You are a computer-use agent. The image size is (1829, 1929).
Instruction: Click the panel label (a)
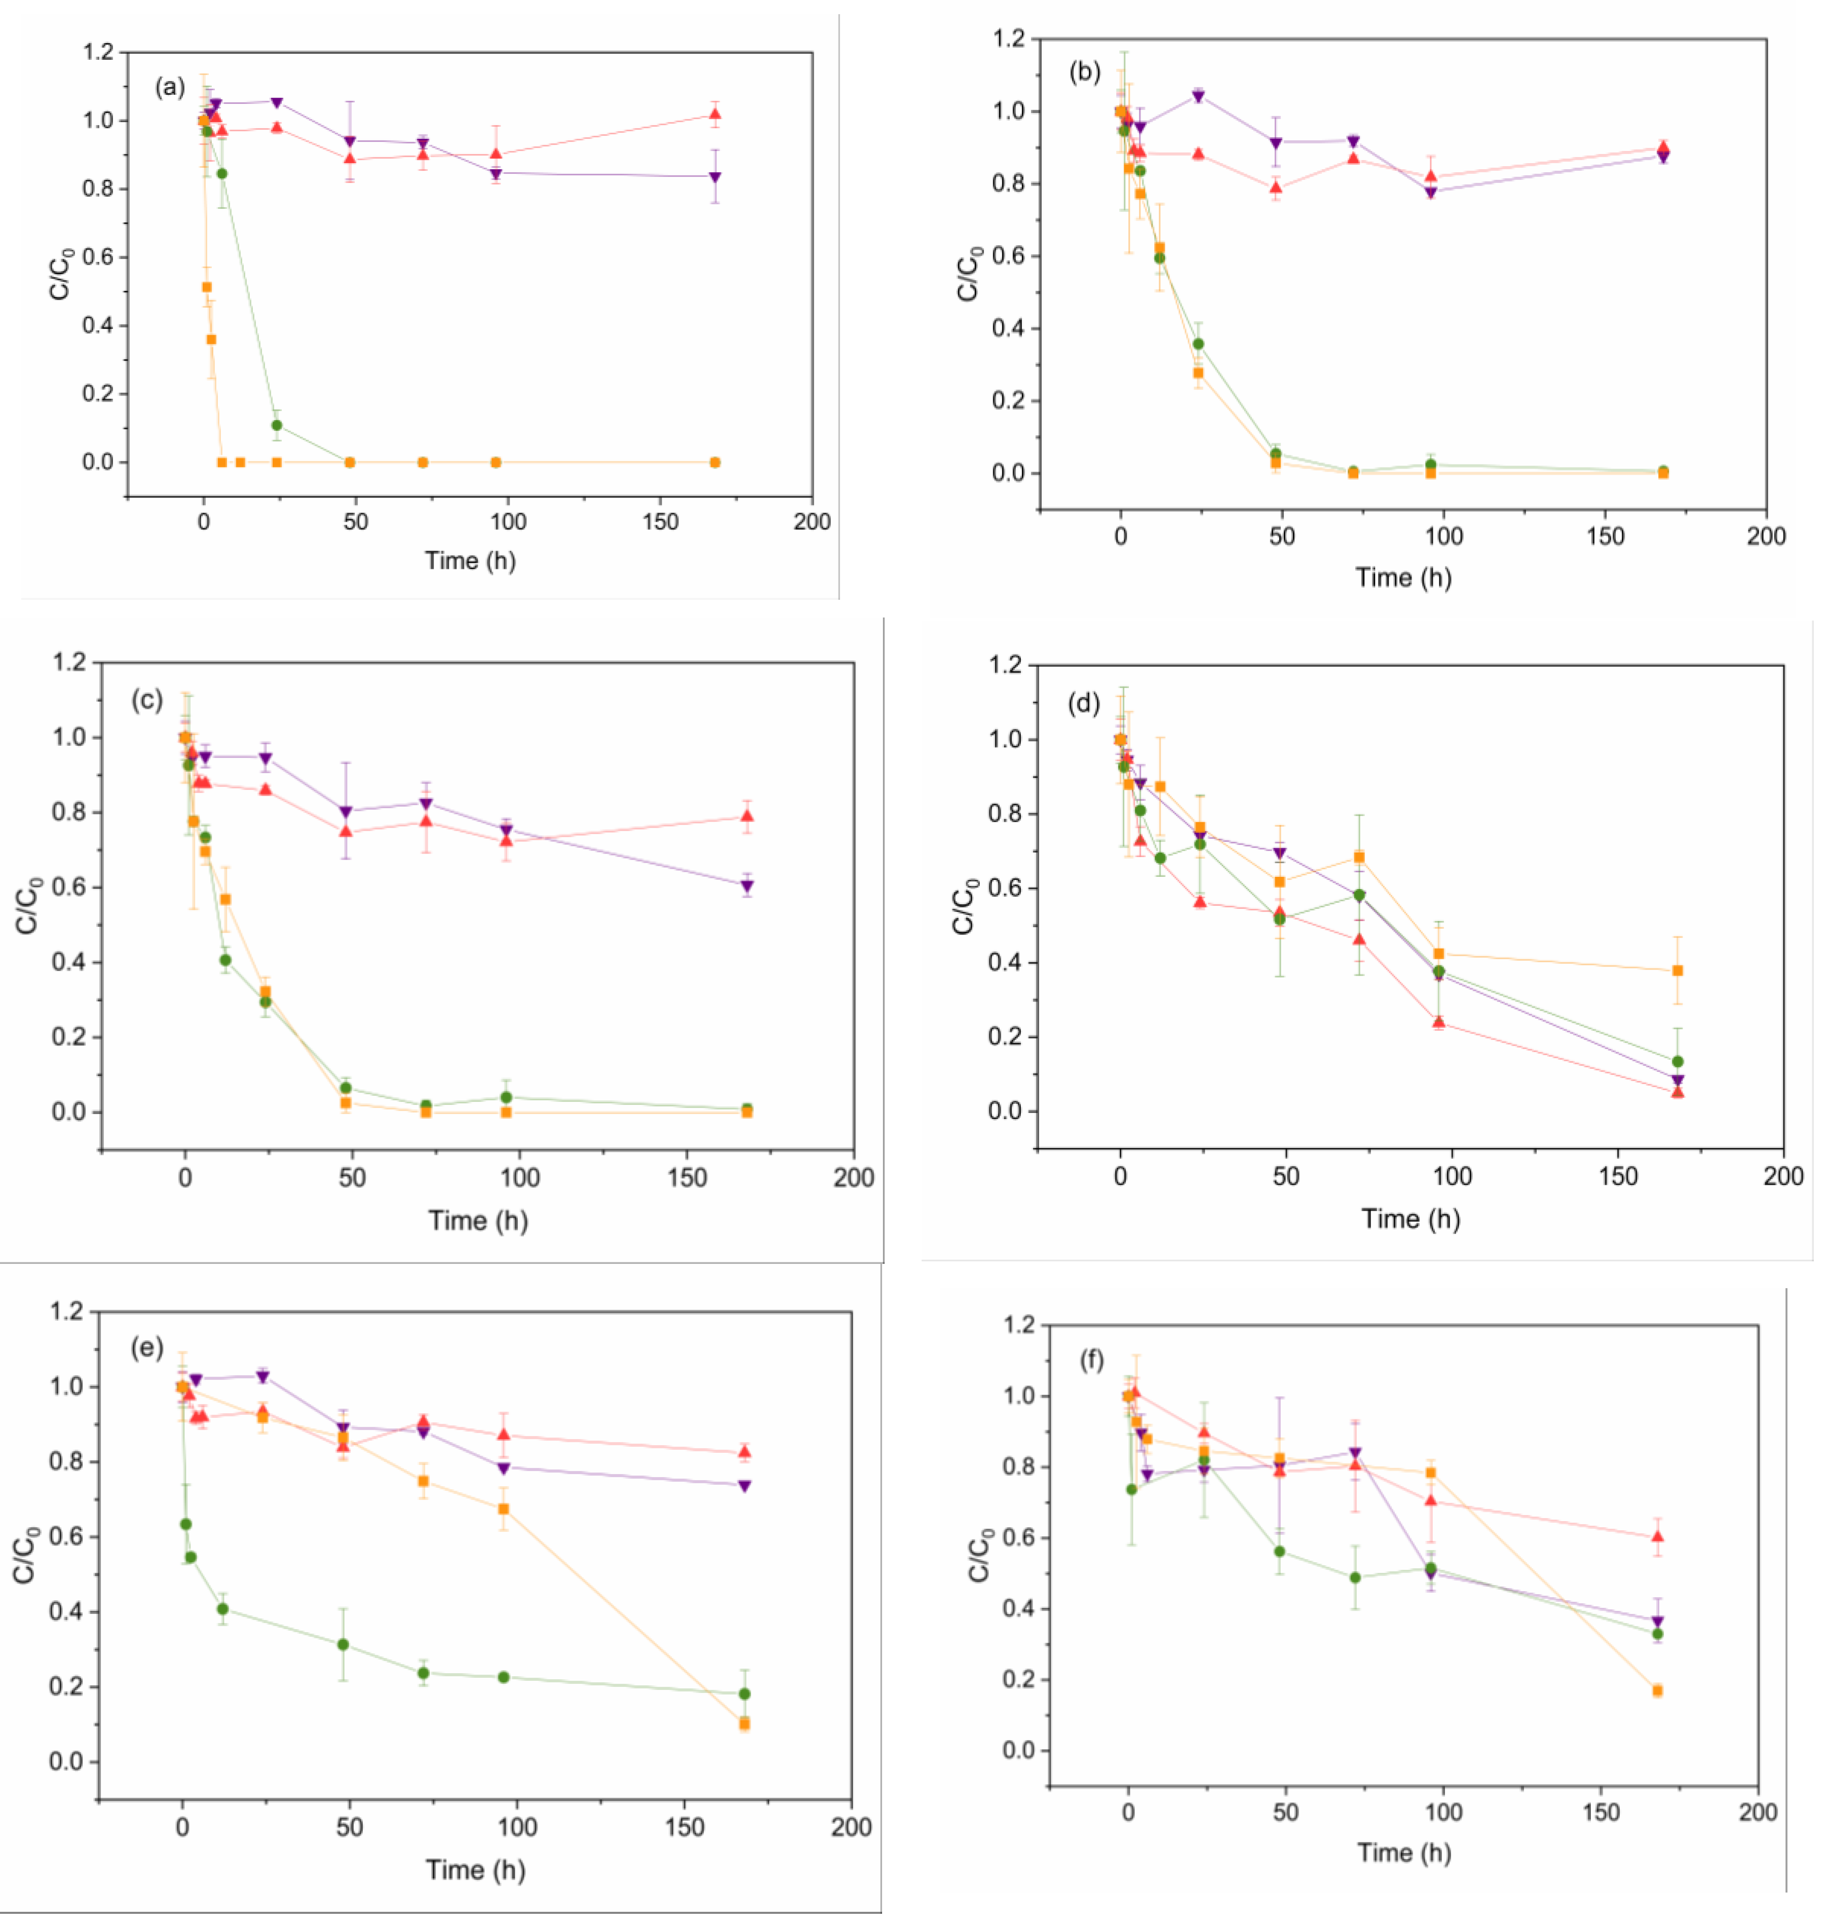(170, 88)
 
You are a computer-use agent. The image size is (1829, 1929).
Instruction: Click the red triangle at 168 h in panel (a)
(715, 114)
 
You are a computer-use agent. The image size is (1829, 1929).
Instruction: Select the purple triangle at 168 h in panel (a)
(715, 177)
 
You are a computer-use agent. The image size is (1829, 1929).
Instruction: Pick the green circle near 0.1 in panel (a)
(277, 425)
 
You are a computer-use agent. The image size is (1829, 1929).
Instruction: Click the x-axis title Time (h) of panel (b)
(1403, 578)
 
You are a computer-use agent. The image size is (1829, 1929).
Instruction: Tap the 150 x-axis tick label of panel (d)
(1618, 1177)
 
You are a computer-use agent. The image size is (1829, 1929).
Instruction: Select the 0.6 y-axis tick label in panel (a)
(98, 257)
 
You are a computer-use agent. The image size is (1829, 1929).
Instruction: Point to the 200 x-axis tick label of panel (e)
(851, 1828)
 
